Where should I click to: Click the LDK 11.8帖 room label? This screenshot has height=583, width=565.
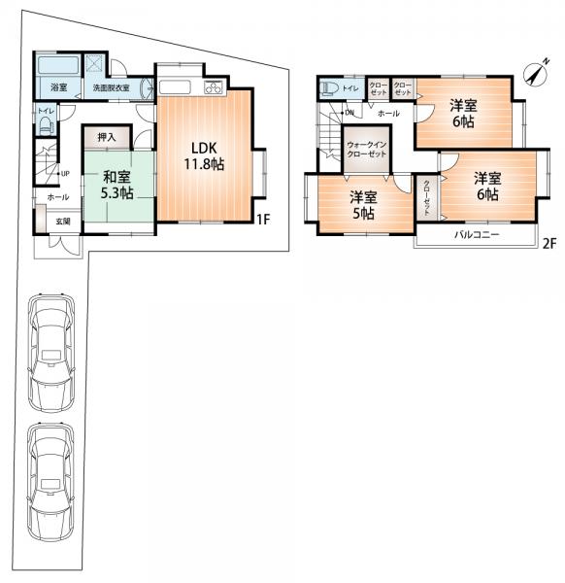[x=204, y=156]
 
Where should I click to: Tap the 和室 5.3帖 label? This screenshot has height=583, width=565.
[x=117, y=185]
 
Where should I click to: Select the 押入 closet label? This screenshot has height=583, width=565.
[x=107, y=137]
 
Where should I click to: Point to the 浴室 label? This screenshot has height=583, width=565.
[x=58, y=87]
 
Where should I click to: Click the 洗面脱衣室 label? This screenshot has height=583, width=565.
[x=111, y=88]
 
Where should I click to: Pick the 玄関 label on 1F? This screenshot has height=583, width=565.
[x=63, y=222]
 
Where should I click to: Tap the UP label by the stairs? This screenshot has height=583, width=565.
[x=65, y=173]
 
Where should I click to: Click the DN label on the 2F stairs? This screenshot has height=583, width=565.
[x=349, y=113]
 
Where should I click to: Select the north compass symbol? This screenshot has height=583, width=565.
[x=536, y=73]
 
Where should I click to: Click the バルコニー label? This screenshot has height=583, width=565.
[x=477, y=235]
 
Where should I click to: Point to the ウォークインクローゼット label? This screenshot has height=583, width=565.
[x=367, y=149]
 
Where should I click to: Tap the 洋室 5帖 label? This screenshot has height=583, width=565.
[x=364, y=205]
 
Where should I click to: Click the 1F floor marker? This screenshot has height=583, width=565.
[x=263, y=220]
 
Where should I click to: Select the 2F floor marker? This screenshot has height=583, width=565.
[x=549, y=244]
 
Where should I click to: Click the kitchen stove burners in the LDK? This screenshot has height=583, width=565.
[x=214, y=87]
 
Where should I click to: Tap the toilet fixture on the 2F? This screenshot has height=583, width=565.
[x=329, y=88]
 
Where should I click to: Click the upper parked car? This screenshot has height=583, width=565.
[x=51, y=354]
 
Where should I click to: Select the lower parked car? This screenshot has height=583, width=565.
[x=50, y=482]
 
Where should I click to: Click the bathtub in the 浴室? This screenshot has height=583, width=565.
[x=58, y=66]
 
